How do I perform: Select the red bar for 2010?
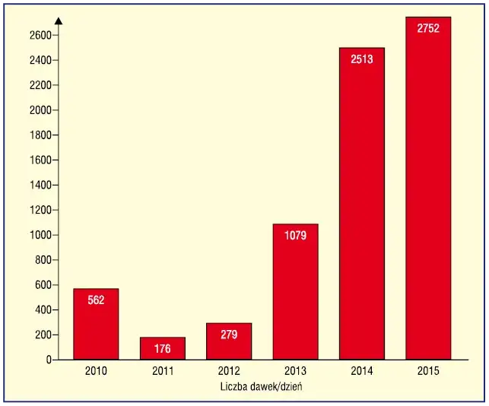coord(96,324)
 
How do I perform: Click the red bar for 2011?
coord(162,348)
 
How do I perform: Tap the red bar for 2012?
coord(228,341)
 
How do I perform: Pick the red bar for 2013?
coord(295,291)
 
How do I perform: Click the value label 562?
coord(96,300)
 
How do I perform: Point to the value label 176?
coord(162,350)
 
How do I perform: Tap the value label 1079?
coord(295,236)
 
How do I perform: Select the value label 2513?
coord(362,59)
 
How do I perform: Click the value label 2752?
coord(428,28)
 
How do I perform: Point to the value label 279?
coord(228,335)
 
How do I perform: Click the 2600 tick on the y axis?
coord(40,35)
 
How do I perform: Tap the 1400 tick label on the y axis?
coord(40,185)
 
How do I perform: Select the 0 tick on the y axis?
coord(47,360)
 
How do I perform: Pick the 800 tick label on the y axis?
coord(43,260)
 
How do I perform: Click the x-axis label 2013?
coord(295,371)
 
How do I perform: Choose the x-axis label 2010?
coord(96,371)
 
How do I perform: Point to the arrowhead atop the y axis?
coord(59,19)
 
